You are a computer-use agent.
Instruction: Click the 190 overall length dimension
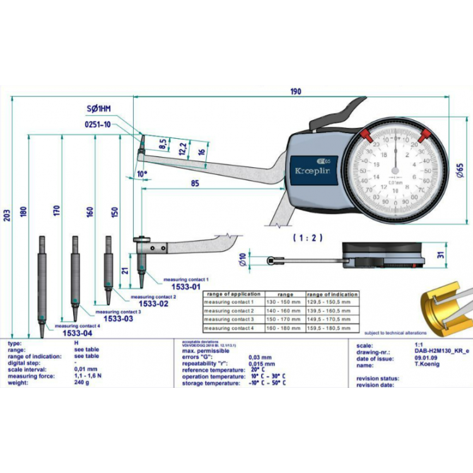tap(295, 91)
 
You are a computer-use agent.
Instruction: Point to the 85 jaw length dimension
tap(194, 183)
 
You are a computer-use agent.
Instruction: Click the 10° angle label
tap(141, 172)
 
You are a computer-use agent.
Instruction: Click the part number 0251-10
tap(98, 124)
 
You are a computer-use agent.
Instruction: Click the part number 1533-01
tap(187, 286)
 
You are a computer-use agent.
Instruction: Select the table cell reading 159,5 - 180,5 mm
tap(332, 328)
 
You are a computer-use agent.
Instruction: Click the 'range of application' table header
tap(233, 294)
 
